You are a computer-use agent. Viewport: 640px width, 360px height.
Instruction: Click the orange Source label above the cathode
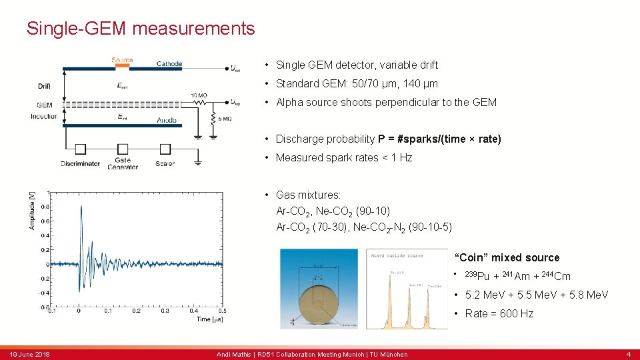pos(122,60)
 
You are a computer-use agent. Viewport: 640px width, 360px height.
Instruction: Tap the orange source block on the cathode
pos(122,67)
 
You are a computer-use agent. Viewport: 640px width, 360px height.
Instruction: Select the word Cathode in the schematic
pos(169,64)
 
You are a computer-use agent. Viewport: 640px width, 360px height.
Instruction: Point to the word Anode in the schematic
pos(167,121)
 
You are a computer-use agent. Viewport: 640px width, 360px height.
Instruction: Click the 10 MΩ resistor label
pos(199,96)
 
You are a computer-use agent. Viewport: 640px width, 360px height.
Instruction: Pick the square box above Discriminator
pos(80,149)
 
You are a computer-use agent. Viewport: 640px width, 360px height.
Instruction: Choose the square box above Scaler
pos(165,149)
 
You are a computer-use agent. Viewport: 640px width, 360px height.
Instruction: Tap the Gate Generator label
pos(122,163)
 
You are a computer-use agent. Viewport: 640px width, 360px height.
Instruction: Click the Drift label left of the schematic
pos(44,86)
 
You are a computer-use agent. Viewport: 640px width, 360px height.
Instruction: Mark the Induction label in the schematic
pos(43,117)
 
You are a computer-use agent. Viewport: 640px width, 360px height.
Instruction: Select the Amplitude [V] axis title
pos(31,211)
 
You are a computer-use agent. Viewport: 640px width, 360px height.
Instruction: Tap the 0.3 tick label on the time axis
pos(165,311)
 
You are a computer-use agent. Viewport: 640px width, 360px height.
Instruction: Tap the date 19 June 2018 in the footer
pos(30,354)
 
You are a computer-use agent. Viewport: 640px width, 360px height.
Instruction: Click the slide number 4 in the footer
pos(628,354)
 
